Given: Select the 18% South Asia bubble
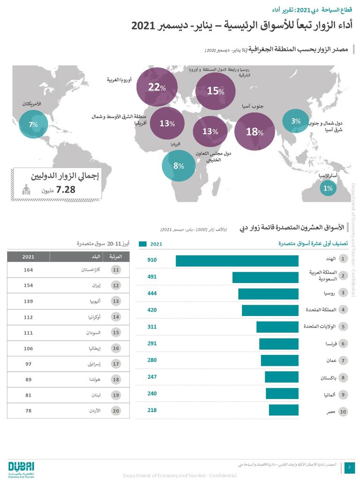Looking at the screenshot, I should pos(254,132).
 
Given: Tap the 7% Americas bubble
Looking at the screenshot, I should pos(34,124).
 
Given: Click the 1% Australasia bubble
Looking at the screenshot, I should pos(328,188).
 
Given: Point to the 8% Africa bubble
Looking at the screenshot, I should pos(178,165).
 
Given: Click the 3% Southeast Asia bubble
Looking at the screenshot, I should pos(295,121).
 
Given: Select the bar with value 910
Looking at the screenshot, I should pos(237,260).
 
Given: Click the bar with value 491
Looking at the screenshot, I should pos(265,277).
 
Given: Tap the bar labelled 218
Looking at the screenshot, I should pos(284,410).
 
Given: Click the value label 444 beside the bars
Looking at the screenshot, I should pos(152,293).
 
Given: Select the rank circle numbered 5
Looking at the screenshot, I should pos(343,327).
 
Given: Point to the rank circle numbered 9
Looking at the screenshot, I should pos(343,394).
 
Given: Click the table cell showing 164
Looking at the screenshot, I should pos(29,270).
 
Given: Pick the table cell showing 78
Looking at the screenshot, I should pos(29,411).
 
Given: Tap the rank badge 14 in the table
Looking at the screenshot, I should pos(115,317).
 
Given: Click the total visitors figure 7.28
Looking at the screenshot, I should pos(65,190).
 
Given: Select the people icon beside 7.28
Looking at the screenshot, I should pos(27,190).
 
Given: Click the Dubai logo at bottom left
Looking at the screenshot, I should pos(21,468).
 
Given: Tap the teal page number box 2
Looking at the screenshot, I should pos(349,467).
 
